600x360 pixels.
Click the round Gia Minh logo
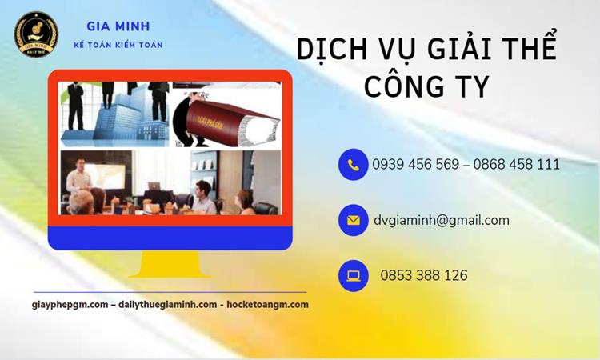[x=36, y=34]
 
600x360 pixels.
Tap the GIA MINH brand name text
[x=118, y=26]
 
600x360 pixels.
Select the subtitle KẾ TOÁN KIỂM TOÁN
[x=118, y=45]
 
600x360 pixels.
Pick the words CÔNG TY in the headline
[x=426, y=86]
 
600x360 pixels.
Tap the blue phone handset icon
[x=353, y=165]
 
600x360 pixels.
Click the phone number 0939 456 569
[x=415, y=165]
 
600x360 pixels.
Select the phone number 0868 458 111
[x=516, y=165]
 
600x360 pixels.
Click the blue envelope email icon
[x=353, y=220]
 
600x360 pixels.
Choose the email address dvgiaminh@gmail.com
[x=441, y=220]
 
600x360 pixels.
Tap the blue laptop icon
[x=353, y=275]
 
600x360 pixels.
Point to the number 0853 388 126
[x=424, y=275]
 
